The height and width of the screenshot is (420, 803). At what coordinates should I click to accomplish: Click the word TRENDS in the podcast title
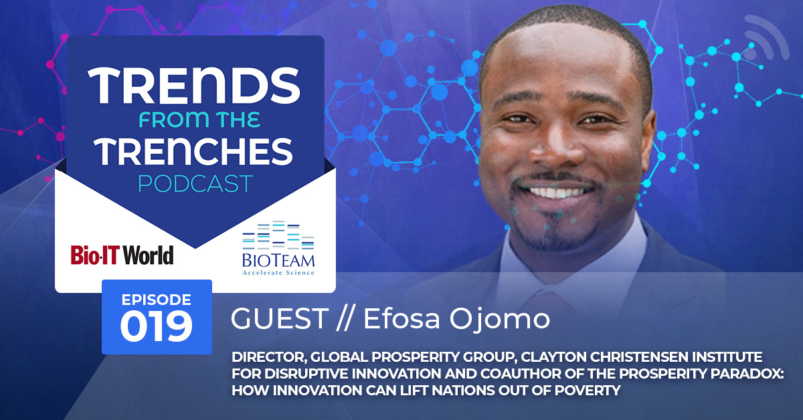[x=194, y=86]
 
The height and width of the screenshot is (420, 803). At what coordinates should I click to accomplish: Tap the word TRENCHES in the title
[x=194, y=152]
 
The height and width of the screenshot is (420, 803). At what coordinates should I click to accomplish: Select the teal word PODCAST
[x=195, y=183]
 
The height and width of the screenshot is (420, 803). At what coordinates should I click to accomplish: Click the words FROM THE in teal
[x=199, y=119]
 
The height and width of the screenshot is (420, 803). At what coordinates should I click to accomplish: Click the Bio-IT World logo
[x=122, y=255]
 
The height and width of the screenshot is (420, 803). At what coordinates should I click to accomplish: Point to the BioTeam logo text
[x=278, y=261]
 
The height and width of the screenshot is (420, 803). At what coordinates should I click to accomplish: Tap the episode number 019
[x=157, y=326]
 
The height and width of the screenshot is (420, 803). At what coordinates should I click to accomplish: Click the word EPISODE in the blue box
[x=157, y=300]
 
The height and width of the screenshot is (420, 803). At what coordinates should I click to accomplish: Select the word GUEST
[x=280, y=318]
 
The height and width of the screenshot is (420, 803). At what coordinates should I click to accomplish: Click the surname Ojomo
[x=500, y=319]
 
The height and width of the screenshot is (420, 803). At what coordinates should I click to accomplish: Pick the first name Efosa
[x=401, y=318]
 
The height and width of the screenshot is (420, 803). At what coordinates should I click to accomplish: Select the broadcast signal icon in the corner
[x=767, y=37]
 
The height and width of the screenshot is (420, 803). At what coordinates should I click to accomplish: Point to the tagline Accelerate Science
[x=278, y=273]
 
